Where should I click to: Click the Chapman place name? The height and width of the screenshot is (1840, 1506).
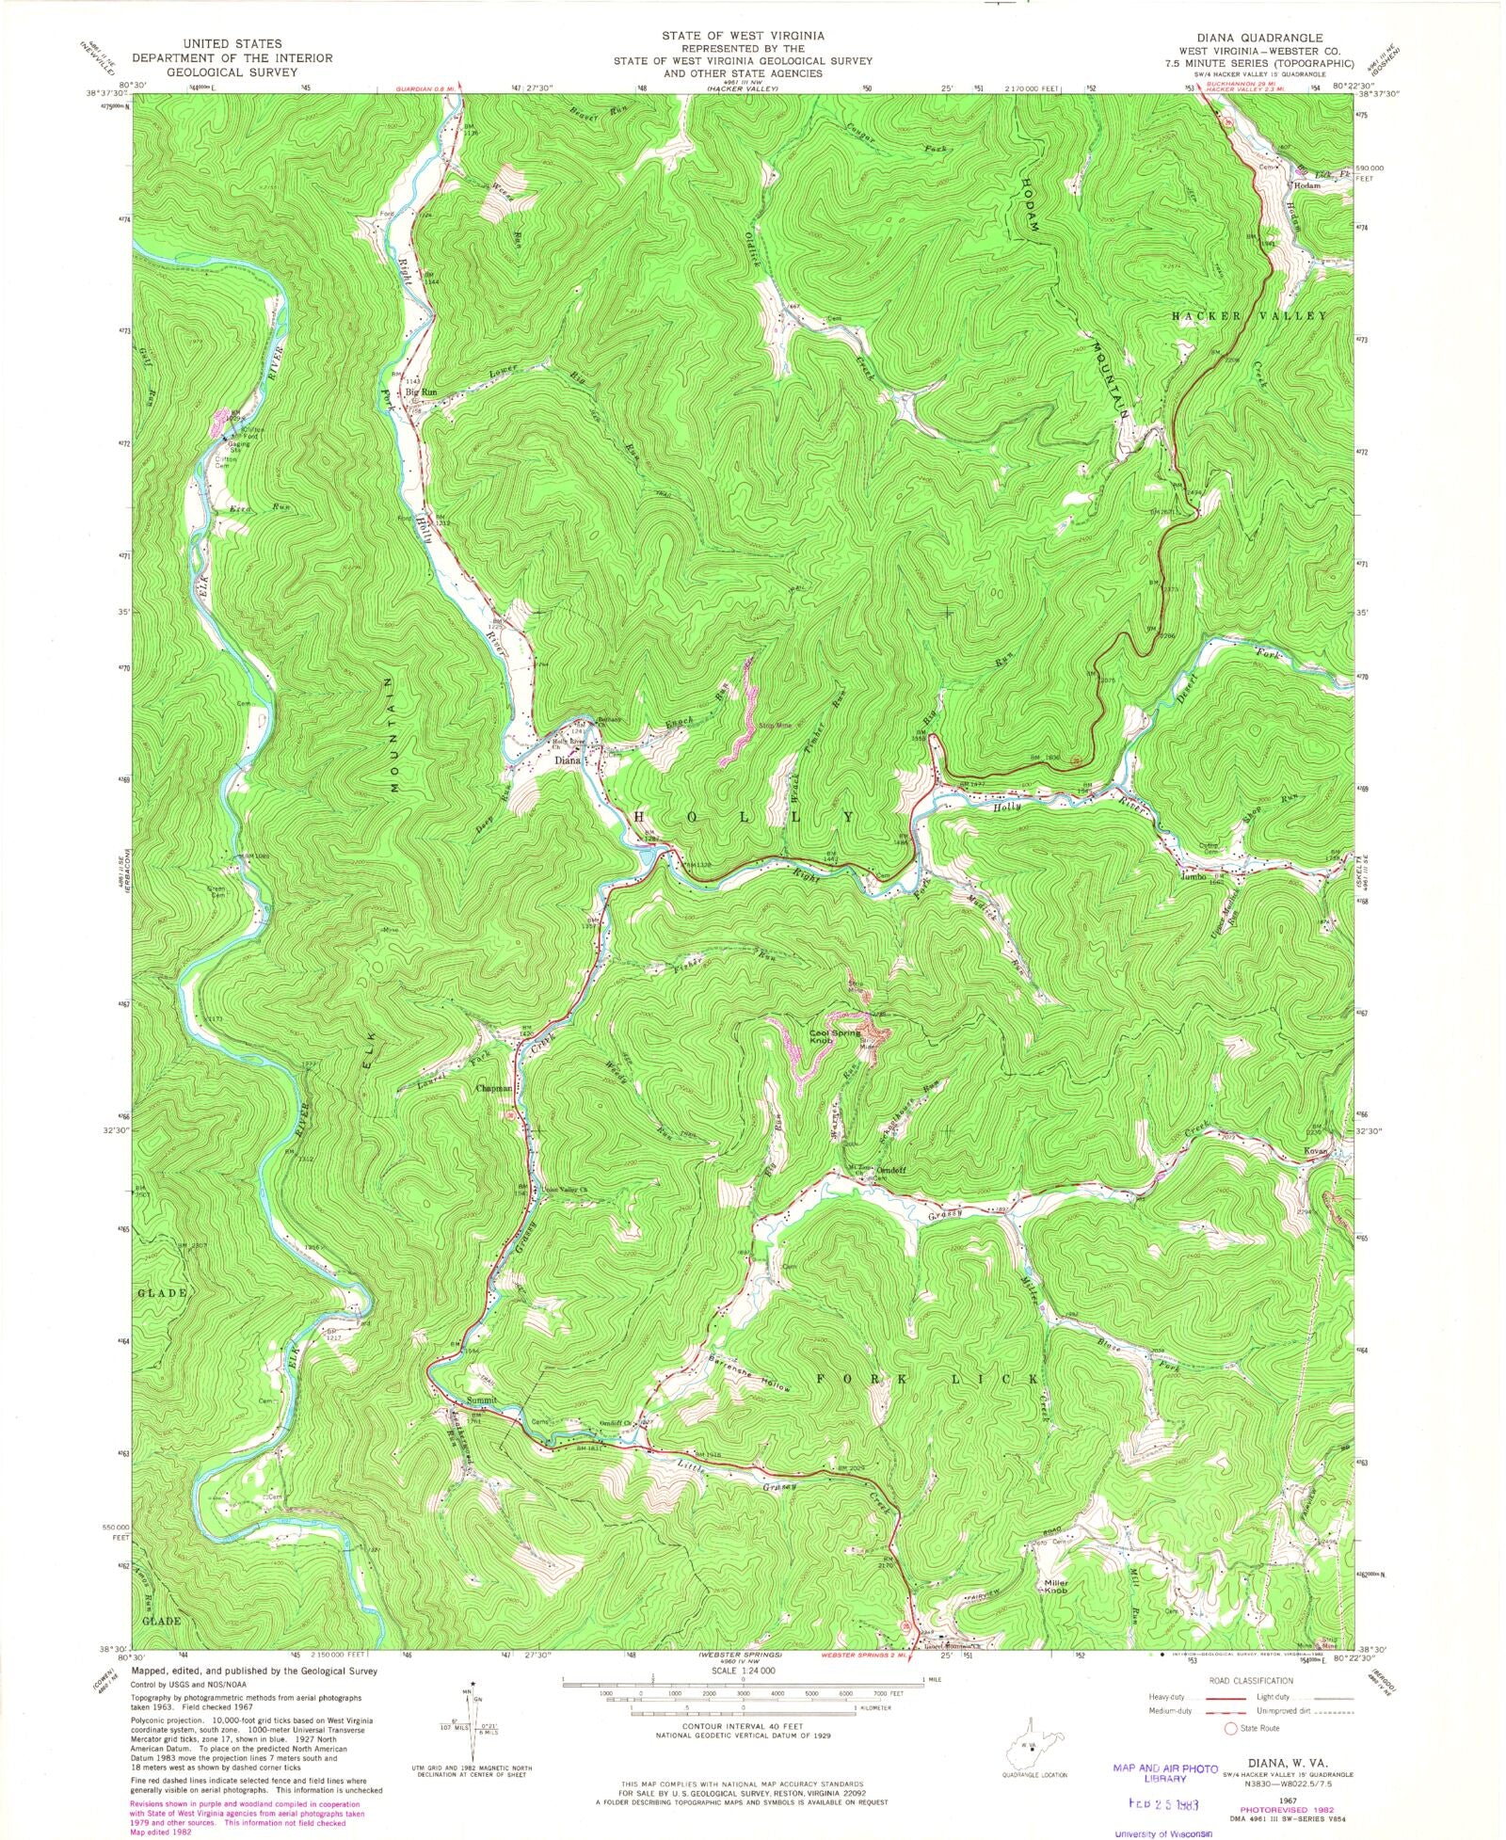point(494,1088)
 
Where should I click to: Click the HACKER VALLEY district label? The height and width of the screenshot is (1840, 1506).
point(1248,316)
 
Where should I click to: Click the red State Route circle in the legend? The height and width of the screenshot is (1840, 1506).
point(1228,1729)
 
